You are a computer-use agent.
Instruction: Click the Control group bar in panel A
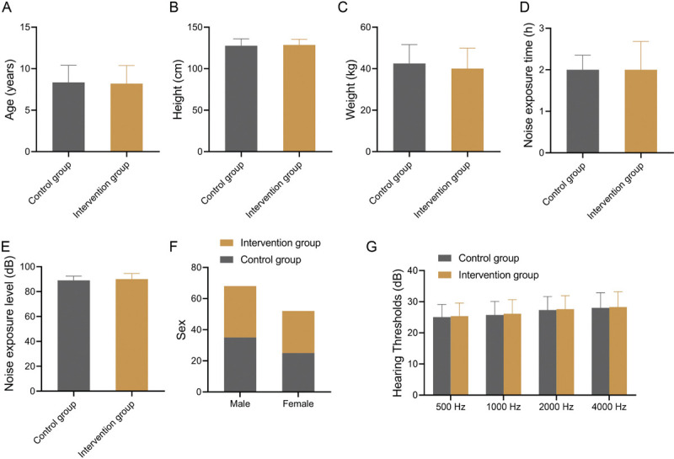(x=68, y=117)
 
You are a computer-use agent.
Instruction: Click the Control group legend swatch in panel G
(x=445, y=259)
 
